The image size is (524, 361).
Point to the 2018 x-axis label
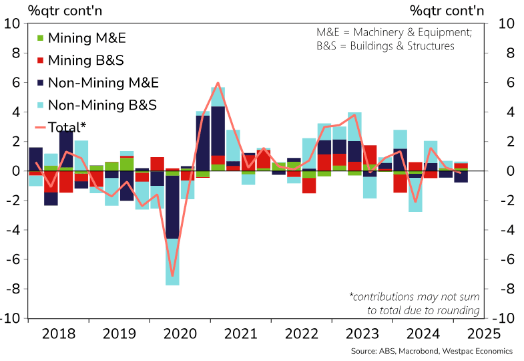point(58,334)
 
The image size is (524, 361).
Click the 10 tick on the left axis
point(13,23)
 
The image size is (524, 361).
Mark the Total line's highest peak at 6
point(218,83)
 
